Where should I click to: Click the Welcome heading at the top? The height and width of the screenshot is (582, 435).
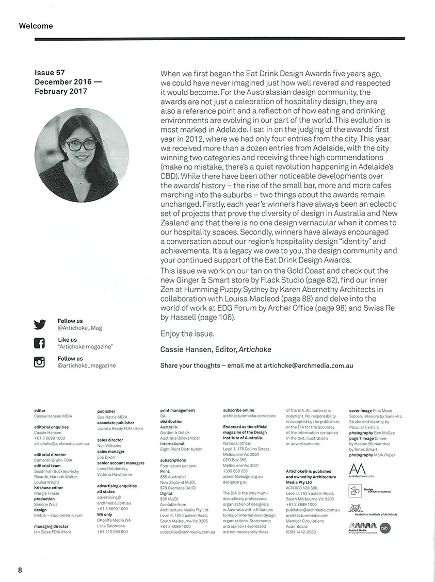tap(36, 26)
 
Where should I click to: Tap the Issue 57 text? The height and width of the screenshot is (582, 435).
tap(50, 73)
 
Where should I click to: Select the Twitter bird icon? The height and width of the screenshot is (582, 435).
tap(40, 324)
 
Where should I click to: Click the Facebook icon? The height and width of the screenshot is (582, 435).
tap(40, 343)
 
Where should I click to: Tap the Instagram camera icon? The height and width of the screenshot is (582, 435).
tap(40, 362)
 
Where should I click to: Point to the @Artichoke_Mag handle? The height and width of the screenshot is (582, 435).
tap(79, 328)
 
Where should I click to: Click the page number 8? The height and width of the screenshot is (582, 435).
tap(20, 570)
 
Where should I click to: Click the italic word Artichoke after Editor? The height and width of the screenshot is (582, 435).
tap(255, 350)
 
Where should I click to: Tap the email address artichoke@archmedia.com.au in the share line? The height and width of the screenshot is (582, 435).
tap(308, 366)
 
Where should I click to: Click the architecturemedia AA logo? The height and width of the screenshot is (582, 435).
tap(357, 470)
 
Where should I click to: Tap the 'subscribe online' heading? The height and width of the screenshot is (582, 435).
tap(238, 410)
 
